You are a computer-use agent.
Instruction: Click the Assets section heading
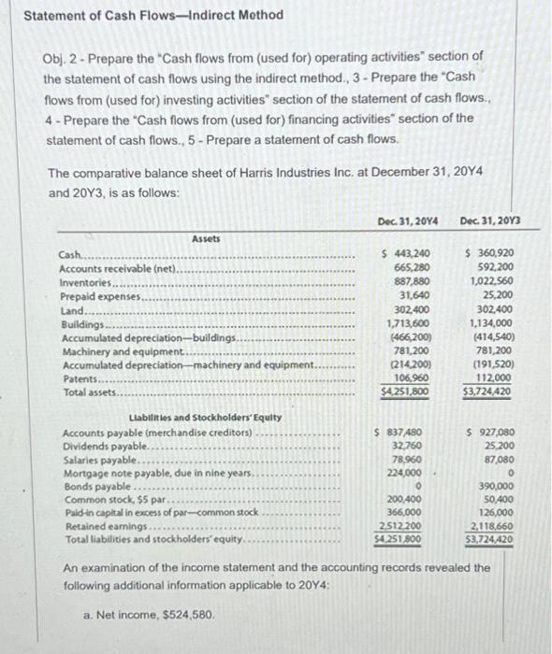pyautogui.click(x=206, y=239)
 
